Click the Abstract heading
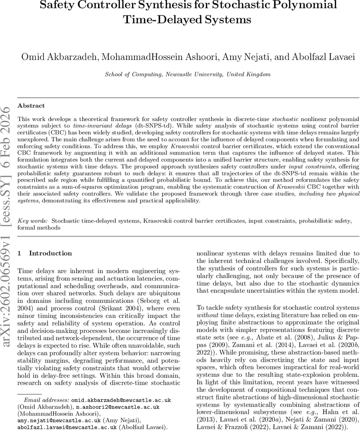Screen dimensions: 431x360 [31, 106]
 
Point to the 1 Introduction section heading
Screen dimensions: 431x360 [45, 253]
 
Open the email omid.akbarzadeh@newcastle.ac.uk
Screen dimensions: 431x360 [121, 400]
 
